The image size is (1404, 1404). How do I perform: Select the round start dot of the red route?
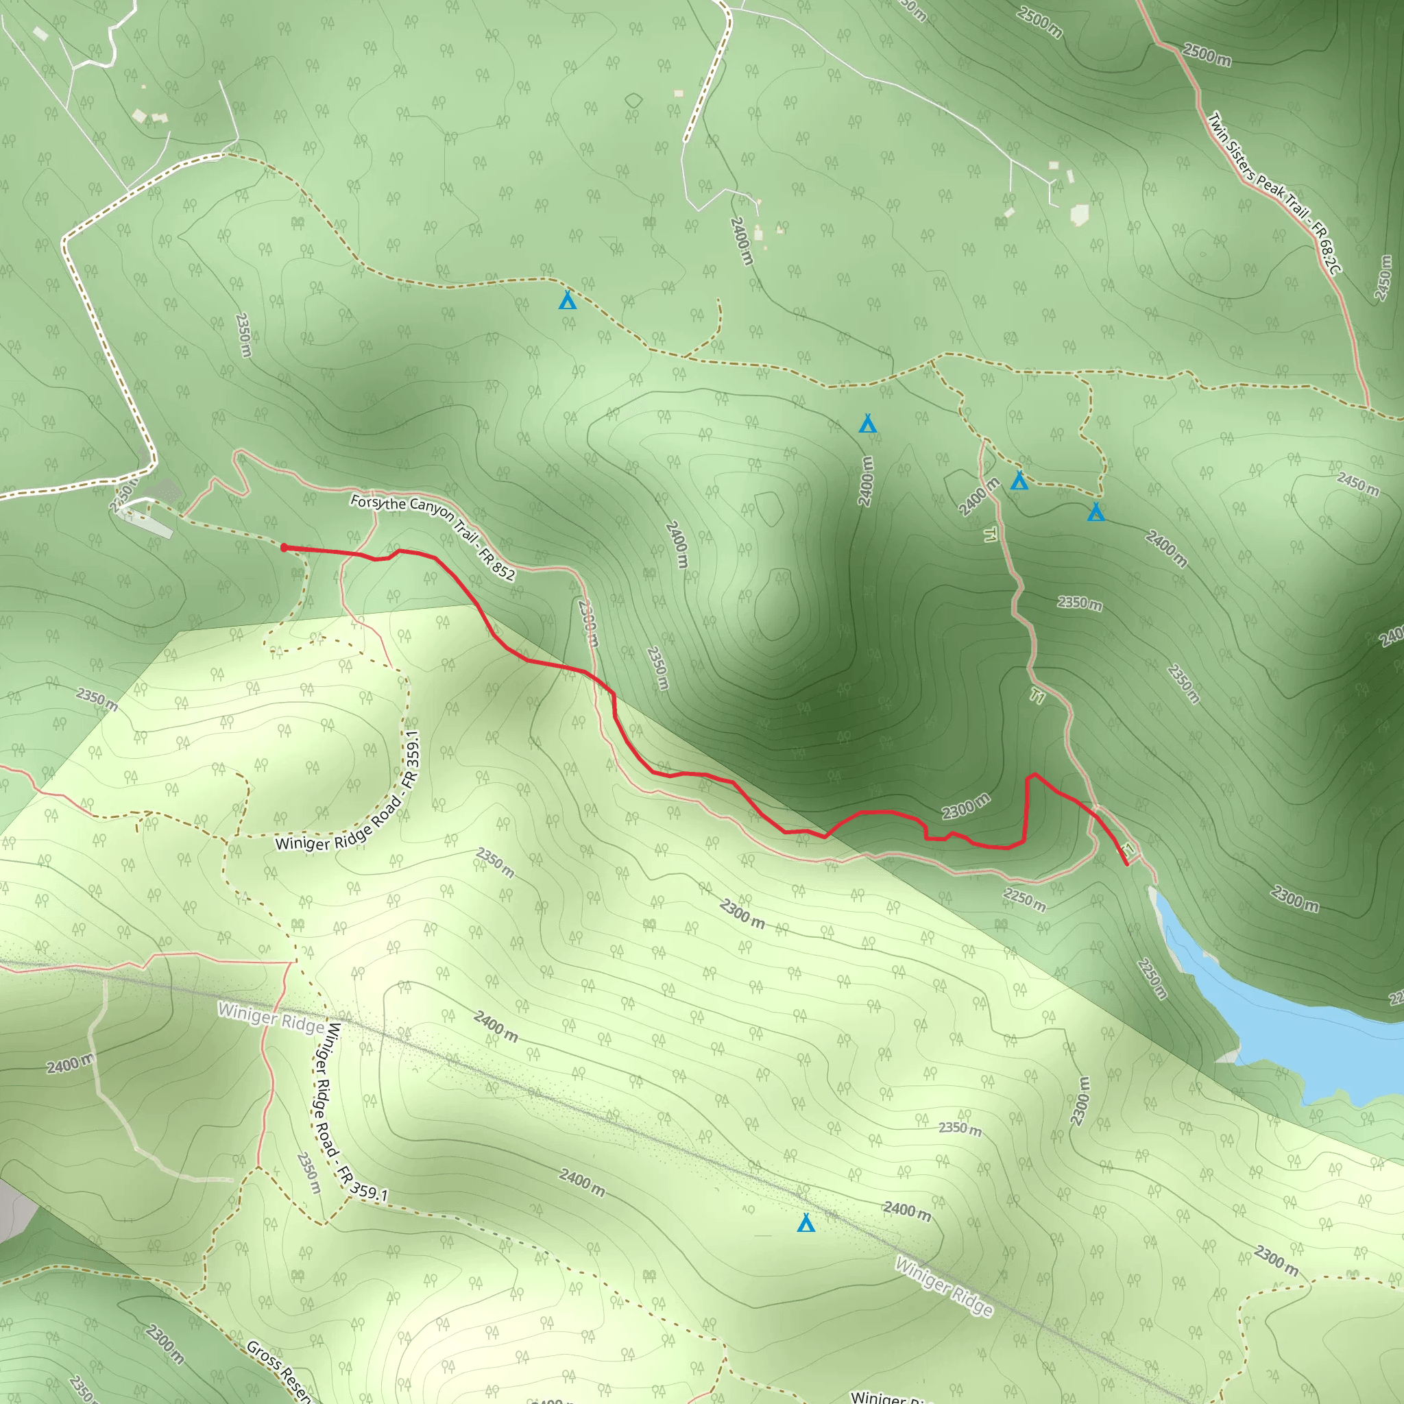tap(284, 548)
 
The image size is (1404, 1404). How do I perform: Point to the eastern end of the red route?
tap(1126, 864)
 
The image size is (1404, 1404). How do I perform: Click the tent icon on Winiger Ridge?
tap(806, 1223)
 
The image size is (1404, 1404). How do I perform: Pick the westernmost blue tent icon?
tap(568, 300)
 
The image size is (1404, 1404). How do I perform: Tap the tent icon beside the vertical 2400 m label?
tap(867, 423)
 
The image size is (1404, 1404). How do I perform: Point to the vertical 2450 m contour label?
tap(1382, 278)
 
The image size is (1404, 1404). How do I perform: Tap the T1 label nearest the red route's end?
tap(1127, 848)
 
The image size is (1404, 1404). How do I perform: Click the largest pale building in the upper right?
tap(1079, 215)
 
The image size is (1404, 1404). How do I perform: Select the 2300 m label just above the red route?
tap(966, 806)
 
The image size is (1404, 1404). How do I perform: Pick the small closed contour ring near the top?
tap(633, 100)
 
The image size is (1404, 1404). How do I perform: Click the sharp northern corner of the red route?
tap(1032, 775)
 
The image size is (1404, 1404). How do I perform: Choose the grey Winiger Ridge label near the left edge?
tap(270, 1018)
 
